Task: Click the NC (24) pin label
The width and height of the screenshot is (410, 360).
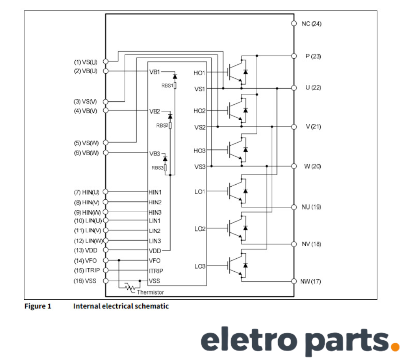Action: point(312,23)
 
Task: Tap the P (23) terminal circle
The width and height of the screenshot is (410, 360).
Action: point(294,56)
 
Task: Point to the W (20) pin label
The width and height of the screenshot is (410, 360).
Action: point(313,166)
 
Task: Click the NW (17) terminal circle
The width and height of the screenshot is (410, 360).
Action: point(294,281)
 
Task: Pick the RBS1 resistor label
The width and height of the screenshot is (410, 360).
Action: point(167,85)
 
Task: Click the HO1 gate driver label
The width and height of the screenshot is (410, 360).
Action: point(200,73)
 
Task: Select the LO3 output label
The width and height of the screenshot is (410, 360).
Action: point(200,266)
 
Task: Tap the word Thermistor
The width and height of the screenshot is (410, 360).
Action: point(150,292)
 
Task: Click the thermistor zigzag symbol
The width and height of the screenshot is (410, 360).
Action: point(131,288)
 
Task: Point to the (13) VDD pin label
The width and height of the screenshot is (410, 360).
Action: point(85,250)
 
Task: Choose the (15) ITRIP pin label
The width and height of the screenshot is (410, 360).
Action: point(87,270)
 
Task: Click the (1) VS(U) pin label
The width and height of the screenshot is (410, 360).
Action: point(85,62)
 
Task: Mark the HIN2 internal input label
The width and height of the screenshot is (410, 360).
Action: point(155,202)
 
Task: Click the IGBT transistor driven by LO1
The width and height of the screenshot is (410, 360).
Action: point(236,191)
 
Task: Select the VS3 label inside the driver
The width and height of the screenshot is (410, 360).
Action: point(200,167)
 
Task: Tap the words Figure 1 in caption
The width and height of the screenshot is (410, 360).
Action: point(38,306)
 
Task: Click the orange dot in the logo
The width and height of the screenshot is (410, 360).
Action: point(394,346)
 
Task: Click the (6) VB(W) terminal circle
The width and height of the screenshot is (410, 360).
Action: point(105,152)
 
